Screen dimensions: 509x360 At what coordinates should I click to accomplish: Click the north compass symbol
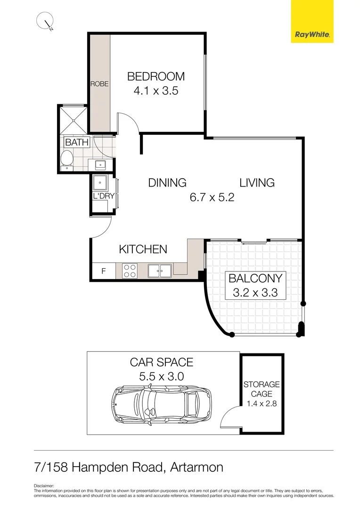(x=46, y=22)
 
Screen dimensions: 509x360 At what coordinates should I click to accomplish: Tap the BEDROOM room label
(x=155, y=76)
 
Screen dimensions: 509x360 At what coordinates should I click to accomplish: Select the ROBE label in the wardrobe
(x=99, y=84)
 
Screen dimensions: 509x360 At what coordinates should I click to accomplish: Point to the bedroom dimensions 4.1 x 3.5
(x=155, y=91)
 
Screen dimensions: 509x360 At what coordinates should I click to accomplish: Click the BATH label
(x=75, y=142)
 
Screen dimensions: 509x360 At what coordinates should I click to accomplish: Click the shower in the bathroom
(x=73, y=119)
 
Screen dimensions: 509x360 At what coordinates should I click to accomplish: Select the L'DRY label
(x=104, y=196)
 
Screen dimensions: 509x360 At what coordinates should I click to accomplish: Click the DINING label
(x=167, y=183)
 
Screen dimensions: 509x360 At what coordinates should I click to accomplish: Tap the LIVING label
(x=257, y=183)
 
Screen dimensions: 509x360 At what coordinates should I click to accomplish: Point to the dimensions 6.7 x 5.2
(x=212, y=197)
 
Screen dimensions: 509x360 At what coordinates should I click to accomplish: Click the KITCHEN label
(x=143, y=249)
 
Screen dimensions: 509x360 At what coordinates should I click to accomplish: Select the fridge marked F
(x=104, y=271)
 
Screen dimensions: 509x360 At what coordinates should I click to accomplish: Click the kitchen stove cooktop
(x=130, y=271)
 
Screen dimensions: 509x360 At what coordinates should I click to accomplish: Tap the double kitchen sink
(x=159, y=271)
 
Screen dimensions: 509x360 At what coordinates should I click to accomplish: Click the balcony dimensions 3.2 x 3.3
(x=255, y=293)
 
